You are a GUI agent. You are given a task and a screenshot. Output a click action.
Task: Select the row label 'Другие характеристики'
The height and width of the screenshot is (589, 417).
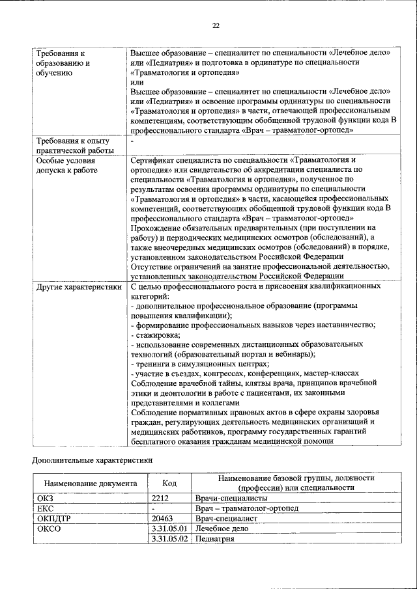coord(79,286)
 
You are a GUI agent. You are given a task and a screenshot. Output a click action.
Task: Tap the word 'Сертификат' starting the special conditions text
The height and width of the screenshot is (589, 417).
coord(152,159)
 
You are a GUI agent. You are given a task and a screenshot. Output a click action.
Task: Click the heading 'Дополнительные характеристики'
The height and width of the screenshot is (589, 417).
coord(93,460)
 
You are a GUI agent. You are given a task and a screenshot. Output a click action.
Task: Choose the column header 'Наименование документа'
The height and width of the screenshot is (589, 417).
coord(91,484)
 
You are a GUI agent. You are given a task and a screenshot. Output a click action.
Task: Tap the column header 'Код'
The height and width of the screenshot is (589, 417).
coord(169,484)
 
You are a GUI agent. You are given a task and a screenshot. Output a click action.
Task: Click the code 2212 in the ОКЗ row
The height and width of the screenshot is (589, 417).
coord(160,498)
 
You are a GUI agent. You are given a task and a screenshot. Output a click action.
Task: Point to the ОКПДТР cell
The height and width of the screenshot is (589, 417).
coord(53,519)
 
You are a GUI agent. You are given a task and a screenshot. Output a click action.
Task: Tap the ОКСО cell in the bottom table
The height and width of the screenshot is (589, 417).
coord(49,529)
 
